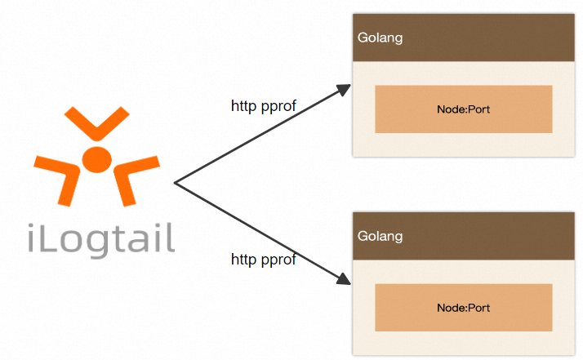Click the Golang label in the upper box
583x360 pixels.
[381, 38]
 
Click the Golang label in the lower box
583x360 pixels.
[381, 237]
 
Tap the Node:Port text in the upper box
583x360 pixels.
[463, 109]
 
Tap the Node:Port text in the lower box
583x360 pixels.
[463, 308]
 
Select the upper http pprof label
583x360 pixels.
[263, 105]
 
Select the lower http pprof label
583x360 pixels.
[263, 260]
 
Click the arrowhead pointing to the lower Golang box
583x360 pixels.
[344, 280]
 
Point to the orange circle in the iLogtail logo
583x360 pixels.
[96, 158]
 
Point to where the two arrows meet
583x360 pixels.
[176, 184]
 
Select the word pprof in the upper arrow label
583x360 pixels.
[278, 106]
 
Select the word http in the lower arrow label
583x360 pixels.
[243, 260]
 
